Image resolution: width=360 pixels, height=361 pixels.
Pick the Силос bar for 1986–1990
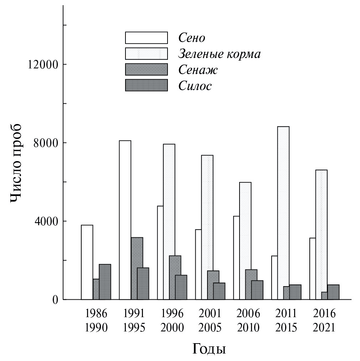(105, 282)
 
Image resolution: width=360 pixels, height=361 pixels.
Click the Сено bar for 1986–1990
(87, 262)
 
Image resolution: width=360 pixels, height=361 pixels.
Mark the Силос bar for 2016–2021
(333, 292)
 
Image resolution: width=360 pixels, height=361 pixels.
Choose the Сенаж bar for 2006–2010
(251, 284)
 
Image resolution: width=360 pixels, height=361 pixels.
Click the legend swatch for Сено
(146, 38)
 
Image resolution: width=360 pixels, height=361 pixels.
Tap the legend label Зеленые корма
(219, 54)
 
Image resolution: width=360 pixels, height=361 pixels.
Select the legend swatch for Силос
(146, 86)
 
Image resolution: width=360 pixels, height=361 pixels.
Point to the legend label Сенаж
(198, 70)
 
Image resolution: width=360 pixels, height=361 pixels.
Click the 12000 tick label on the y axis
(43, 65)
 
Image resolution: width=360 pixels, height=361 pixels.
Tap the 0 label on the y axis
(55, 300)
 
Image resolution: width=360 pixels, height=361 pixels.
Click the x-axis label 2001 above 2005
(210, 314)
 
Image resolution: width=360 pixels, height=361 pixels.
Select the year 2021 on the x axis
(324, 327)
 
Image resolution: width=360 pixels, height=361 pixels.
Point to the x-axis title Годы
(209, 349)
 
